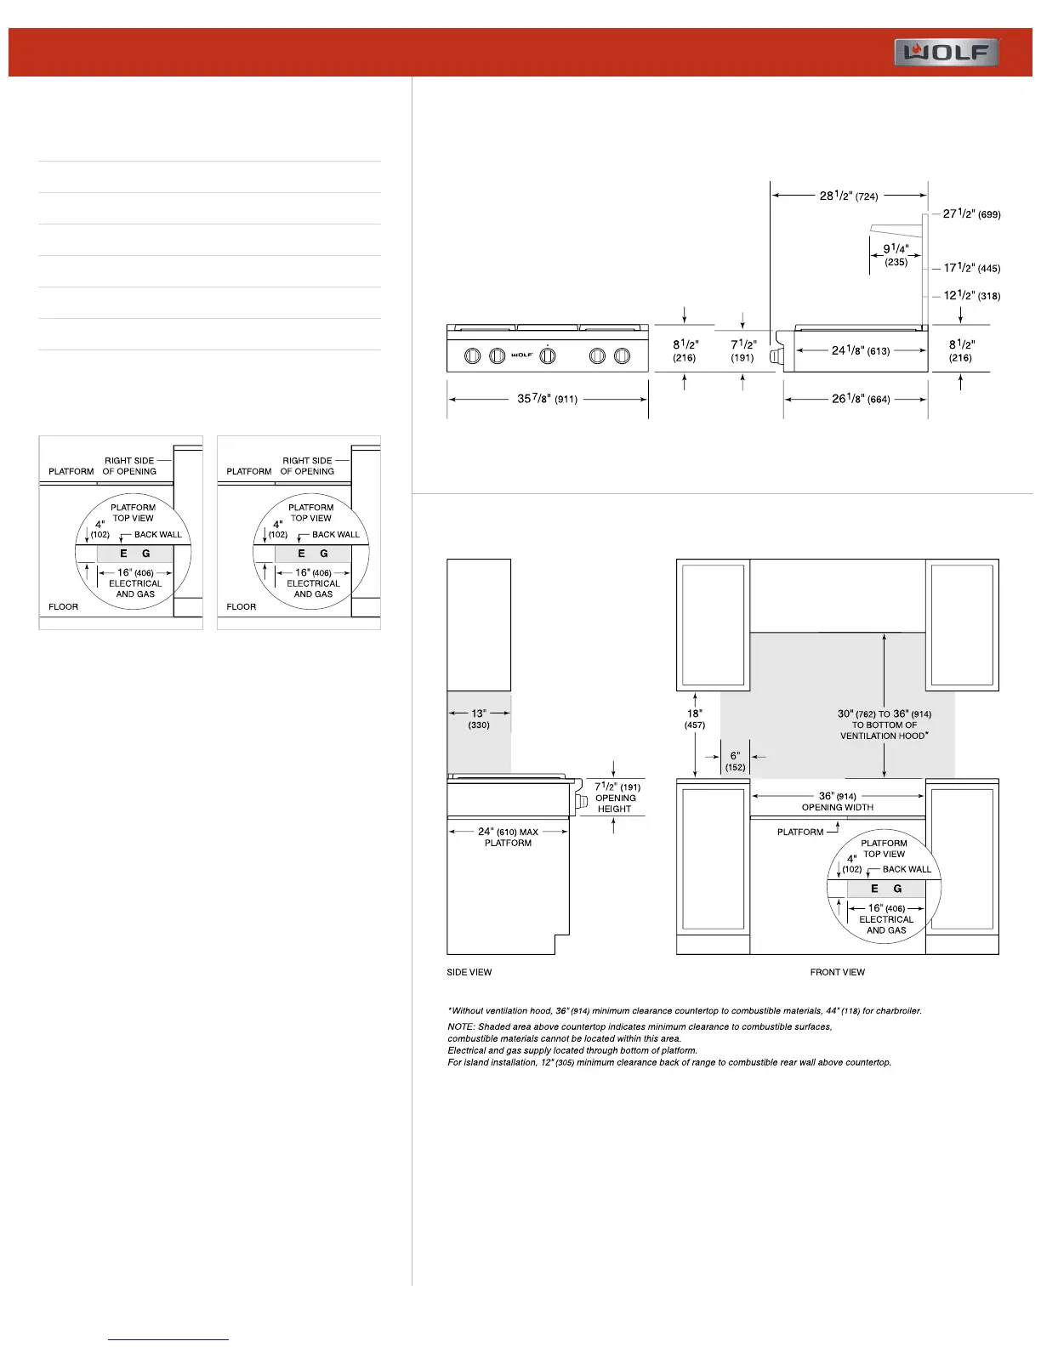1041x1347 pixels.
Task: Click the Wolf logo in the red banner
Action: click(x=946, y=52)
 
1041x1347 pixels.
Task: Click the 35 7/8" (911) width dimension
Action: click(x=547, y=399)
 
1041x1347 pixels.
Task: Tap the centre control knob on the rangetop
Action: click(x=547, y=355)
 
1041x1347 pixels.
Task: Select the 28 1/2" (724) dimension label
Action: click(x=848, y=196)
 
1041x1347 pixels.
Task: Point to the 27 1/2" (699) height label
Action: click(x=971, y=213)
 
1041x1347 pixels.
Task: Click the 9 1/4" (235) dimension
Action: click(x=896, y=255)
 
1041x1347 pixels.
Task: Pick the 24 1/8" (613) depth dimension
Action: click(x=860, y=350)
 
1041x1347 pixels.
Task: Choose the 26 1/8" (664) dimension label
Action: click(x=861, y=399)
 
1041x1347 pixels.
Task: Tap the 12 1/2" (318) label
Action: click(x=971, y=296)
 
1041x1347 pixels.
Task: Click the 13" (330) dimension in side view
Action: click(x=479, y=719)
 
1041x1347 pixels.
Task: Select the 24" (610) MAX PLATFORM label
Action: click(x=508, y=837)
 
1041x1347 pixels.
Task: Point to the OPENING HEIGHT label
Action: click(x=615, y=804)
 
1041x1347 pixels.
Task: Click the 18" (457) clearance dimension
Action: click(x=694, y=719)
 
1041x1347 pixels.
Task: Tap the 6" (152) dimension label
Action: click(x=735, y=761)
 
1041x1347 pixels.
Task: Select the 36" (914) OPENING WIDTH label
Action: click(x=837, y=801)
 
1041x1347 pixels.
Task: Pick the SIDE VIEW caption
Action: click(x=469, y=972)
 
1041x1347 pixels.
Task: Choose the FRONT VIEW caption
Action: click(x=837, y=972)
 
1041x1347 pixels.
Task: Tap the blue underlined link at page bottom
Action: click(x=168, y=1339)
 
